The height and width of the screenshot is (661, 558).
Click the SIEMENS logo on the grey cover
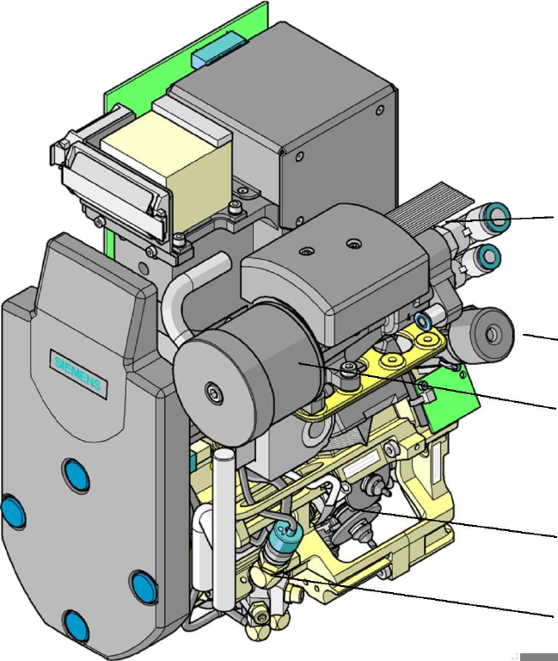[x=78, y=374]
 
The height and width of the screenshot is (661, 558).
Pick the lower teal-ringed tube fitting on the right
[x=489, y=256]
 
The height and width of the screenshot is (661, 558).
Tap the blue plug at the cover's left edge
[x=13, y=512]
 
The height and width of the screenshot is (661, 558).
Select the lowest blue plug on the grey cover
[x=77, y=627]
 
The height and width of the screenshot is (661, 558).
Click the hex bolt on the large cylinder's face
[x=213, y=393]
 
